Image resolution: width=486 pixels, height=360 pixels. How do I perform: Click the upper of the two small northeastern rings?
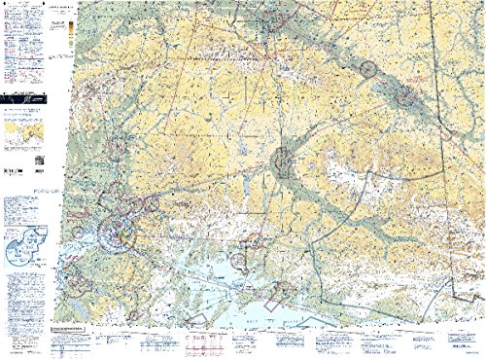(x=367, y=68)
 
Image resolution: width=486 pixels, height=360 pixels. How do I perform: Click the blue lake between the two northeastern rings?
(x=385, y=86)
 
